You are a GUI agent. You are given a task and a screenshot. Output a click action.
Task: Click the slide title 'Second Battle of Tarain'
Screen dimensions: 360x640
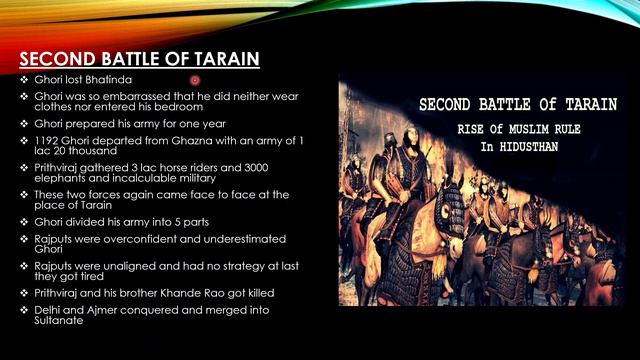139,59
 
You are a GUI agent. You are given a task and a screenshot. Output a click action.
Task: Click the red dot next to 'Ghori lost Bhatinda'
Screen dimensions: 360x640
195,79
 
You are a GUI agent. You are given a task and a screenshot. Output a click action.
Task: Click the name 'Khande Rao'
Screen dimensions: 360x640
187,292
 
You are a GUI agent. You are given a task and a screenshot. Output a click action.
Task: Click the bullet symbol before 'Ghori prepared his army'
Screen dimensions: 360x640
24,122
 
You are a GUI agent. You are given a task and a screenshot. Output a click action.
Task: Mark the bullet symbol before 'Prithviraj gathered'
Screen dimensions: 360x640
24,165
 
